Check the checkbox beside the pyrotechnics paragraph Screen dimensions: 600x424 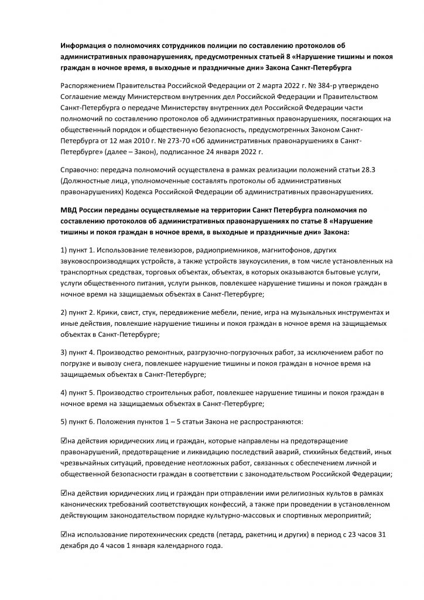64,535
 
